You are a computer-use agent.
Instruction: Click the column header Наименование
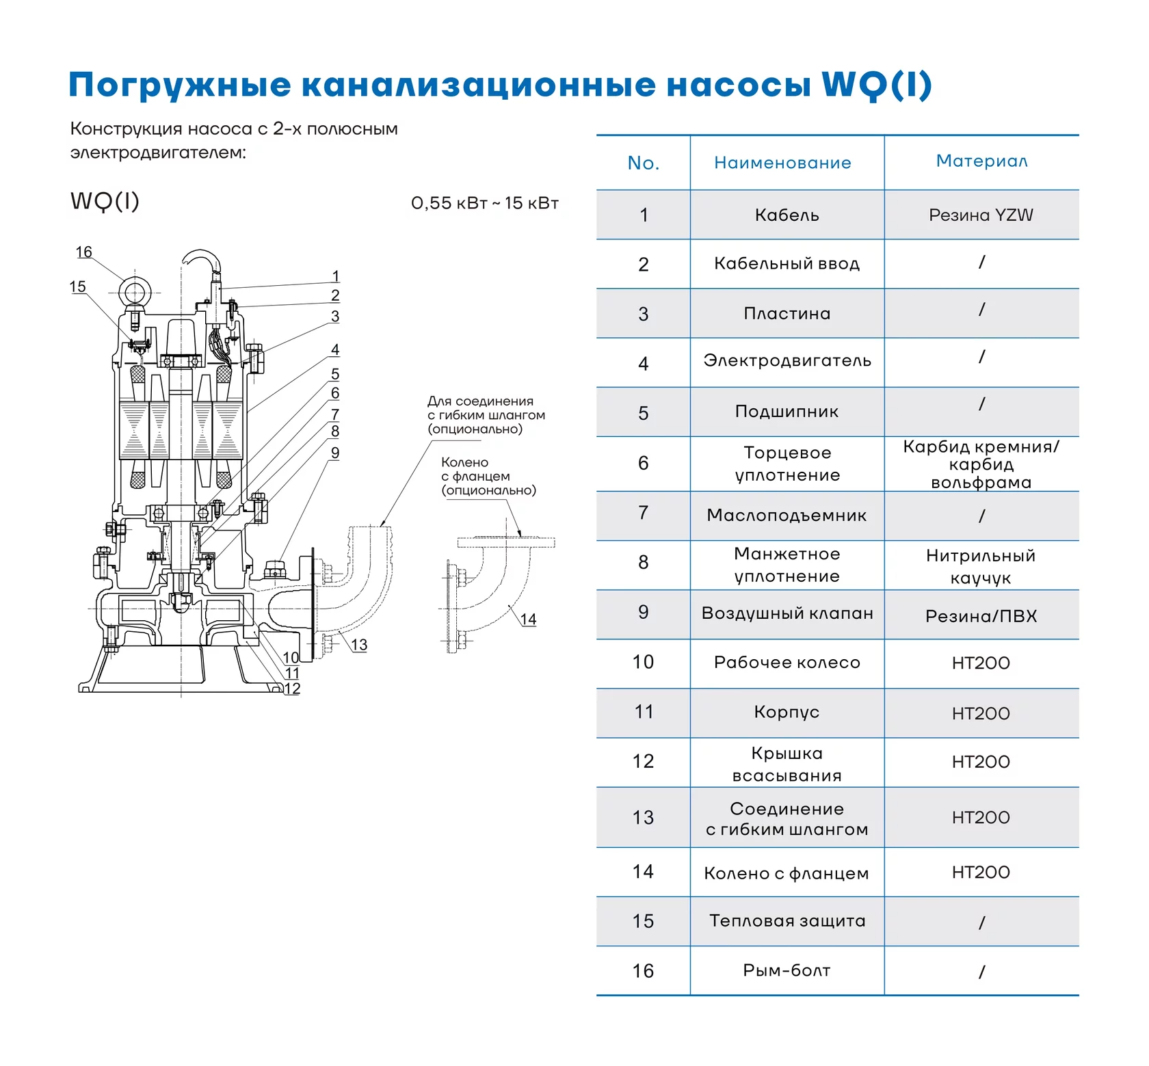pyautogui.click(x=782, y=163)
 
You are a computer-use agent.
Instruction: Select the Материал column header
pyautogui.click(x=981, y=161)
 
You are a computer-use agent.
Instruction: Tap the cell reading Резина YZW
pyautogui.click(x=981, y=215)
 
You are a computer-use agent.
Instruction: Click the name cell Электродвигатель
pyautogui.click(x=787, y=360)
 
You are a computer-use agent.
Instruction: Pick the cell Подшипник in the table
pyautogui.click(x=787, y=411)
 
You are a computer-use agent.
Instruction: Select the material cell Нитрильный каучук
pyautogui.click(x=981, y=566)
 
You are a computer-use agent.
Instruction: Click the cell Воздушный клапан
pyautogui.click(x=787, y=613)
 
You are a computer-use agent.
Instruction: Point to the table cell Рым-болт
pyautogui.click(x=787, y=970)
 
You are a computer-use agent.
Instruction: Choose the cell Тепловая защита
pyautogui.click(x=787, y=921)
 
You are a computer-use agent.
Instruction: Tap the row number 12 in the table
pyautogui.click(x=643, y=761)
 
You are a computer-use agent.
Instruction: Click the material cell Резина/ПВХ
pyautogui.click(x=981, y=616)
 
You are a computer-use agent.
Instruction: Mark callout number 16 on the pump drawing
pyautogui.click(x=83, y=252)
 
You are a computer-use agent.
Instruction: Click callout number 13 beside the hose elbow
pyautogui.click(x=359, y=645)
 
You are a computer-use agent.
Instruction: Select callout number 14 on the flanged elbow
pyautogui.click(x=528, y=619)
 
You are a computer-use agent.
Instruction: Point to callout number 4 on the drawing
pyautogui.click(x=335, y=349)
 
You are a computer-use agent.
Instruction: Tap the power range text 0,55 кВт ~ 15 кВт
pyautogui.click(x=485, y=203)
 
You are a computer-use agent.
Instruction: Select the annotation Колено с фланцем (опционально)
pyautogui.click(x=488, y=476)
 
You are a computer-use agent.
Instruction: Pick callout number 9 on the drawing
pyautogui.click(x=335, y=453)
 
